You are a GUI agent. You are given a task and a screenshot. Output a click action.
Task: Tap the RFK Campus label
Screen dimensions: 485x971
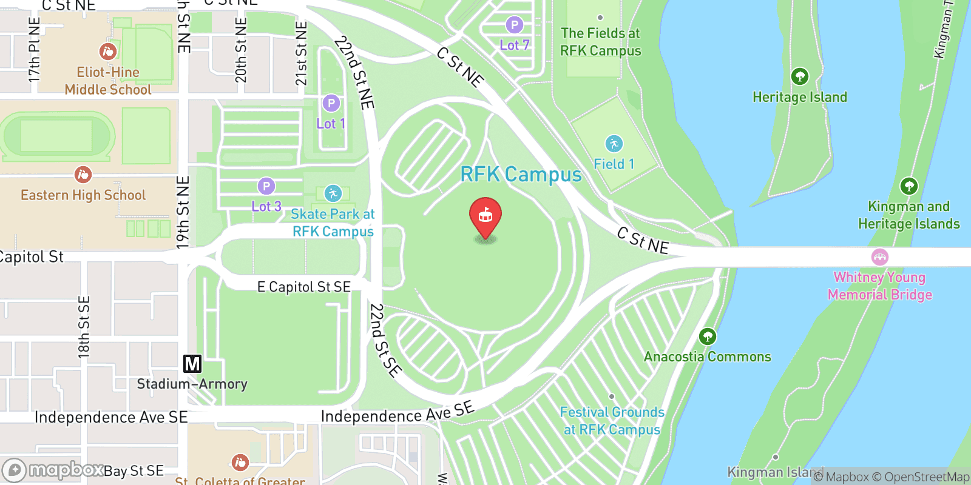click(x=521, y=175)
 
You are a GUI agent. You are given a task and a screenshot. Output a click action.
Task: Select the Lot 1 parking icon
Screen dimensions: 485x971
click(x=331, y=104)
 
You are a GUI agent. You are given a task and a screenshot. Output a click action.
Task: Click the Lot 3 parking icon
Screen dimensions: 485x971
click(x=266, y=186)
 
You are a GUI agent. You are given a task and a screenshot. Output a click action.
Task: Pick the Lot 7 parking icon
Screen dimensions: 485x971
click(x=514, y=25)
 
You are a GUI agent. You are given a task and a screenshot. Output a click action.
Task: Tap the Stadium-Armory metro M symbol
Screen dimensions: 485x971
click(x=192, y=364)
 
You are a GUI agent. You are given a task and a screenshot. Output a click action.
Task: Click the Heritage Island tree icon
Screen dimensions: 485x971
click(x=799, y=76)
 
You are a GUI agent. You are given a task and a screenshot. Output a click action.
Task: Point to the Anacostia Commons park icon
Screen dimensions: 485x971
click(x=707, y=336)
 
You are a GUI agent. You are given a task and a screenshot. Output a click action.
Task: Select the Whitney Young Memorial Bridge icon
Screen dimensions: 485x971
click(x=879, y=257)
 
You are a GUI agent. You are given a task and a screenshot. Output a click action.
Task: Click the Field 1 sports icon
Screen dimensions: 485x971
click(x=614, y=144)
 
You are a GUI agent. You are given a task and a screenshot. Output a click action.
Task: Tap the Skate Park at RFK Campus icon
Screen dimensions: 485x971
click(x=332, y=193)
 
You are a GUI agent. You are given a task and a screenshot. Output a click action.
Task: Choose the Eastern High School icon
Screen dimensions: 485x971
click(x=83, y=175)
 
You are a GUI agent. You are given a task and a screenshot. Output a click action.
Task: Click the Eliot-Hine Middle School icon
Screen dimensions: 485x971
click(x=107, y=52)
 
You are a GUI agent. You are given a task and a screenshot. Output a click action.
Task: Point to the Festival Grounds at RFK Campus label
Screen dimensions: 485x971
click(x=612, y=421)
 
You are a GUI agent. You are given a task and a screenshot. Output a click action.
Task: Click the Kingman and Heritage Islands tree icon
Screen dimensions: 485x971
click(x=908, y=186)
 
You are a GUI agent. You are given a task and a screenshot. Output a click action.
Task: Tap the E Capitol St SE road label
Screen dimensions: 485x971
click(x=303, y=287)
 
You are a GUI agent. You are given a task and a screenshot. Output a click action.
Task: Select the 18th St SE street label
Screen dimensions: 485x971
click(x=84, y=327)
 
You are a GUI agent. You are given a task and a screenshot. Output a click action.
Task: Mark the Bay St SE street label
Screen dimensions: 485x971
click(x=134, y=471)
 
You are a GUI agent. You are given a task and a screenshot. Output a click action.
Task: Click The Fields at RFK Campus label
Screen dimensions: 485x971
click(x=600, y=42)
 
